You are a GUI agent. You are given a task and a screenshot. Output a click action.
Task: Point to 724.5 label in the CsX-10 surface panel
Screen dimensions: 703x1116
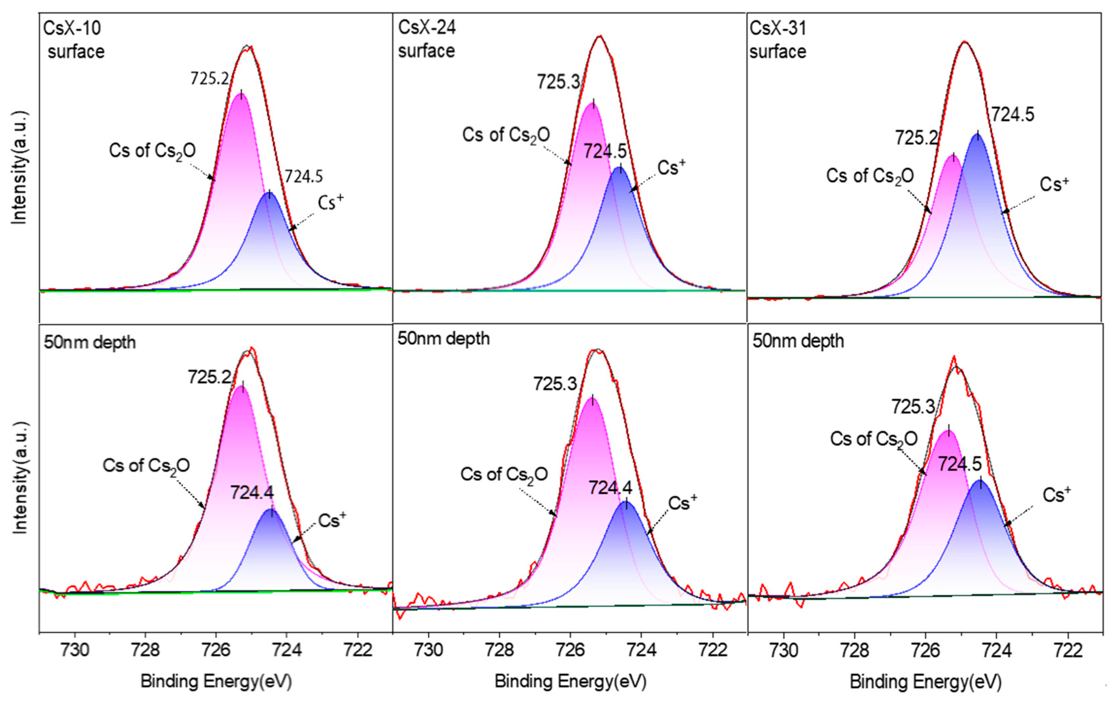click(x=304, y=177)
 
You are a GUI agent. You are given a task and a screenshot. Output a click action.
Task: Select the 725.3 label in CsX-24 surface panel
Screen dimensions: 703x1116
click(x=559, y=82)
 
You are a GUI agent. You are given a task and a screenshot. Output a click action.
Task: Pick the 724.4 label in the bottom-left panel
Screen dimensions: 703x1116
click(x=252, y=492)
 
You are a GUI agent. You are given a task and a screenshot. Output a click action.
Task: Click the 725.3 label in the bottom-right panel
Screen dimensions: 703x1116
click(x=913, y=407)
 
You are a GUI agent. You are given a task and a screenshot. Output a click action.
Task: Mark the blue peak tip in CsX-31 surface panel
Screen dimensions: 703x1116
click(x=977, y=135)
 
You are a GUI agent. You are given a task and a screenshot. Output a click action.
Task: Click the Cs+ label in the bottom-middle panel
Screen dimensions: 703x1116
click(x=682, y=503)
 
